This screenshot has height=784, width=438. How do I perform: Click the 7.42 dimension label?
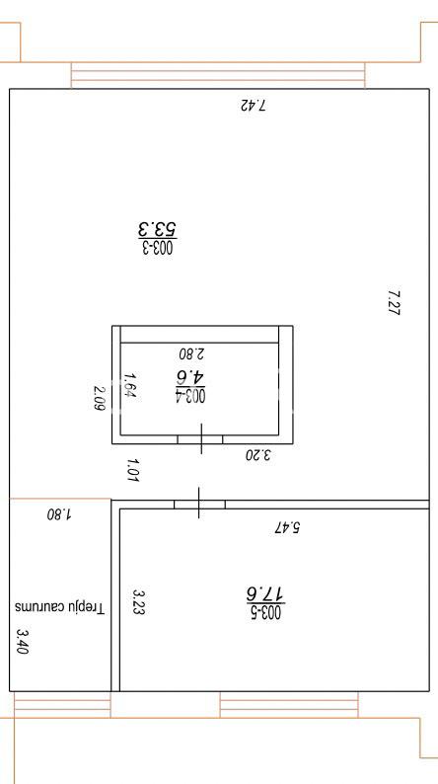coord(254,106)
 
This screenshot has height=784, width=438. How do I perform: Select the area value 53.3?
coord(158,229)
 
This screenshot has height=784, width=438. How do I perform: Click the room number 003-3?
coord(158,247)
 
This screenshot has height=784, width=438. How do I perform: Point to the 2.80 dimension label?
coord(192,353)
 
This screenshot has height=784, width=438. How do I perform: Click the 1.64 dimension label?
coord(130,385)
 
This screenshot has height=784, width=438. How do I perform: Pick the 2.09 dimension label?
coord(100,398)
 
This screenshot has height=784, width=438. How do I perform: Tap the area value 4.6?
coord(190,377)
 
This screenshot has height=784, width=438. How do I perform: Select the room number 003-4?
coord(190,396)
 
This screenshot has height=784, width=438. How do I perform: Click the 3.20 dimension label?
coord(258,455)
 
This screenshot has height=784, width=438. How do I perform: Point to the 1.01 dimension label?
coord(132,471)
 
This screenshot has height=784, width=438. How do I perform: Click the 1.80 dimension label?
coord(59,514)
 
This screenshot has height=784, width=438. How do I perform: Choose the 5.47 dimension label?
coord(287,527)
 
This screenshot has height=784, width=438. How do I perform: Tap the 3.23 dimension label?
coord(138,601)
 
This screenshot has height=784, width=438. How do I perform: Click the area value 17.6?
coord(265,594)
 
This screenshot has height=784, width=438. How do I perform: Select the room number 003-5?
coord(265,612)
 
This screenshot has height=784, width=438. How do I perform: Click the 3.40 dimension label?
coord(24,642)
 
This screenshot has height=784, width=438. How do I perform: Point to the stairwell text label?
coord(59,608)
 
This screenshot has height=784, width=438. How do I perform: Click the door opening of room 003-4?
coord(200,439)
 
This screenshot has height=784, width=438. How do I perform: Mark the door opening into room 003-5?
coord(199,504)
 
